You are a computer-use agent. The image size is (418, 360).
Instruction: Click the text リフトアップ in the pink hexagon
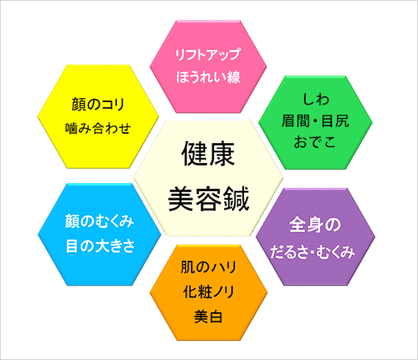click(208, 54)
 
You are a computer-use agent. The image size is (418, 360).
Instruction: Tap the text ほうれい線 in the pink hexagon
click(208, 77)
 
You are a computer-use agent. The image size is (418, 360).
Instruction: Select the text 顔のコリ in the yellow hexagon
click(98, 104)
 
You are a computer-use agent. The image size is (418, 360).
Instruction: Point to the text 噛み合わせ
click(98, 129)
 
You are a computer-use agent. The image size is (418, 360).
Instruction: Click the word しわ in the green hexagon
click(316, 99)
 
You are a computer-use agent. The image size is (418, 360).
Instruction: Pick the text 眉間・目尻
click(315, 120)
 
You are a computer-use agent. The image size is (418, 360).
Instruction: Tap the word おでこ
click(315, 142)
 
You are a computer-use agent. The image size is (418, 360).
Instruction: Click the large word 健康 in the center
click(208, 154)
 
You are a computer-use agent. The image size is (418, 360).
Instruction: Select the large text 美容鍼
click(209, 198)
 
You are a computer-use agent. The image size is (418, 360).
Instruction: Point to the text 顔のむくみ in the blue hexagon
click(99, 221)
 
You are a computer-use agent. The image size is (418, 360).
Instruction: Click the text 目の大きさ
click(100, 245)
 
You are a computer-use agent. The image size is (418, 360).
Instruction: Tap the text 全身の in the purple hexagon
click(315, 225)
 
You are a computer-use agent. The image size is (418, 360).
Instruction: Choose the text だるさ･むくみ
click(313, 252)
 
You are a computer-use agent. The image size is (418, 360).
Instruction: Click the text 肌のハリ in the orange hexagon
click(209, 267)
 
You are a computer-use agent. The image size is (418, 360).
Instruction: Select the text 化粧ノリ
click(209, 292)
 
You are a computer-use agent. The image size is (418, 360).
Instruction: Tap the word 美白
click(208, 317)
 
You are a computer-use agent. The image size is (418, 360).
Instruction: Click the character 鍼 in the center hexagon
click(237, 198)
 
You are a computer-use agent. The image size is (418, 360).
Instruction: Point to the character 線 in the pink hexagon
click(234, 77)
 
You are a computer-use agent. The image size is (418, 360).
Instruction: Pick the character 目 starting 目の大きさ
click(72, 246)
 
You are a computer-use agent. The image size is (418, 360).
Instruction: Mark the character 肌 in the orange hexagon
click(187, 267)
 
